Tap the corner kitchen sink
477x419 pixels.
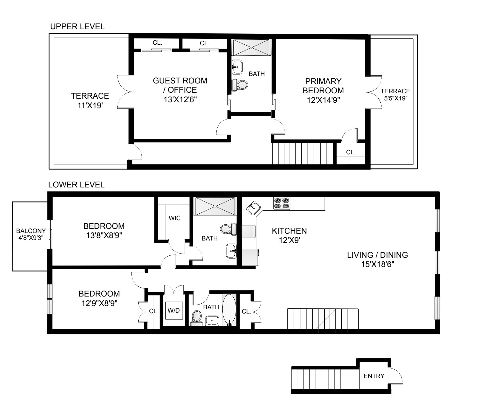click(253, 207)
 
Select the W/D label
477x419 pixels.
click(174, 311)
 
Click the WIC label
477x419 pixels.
click(174, 218)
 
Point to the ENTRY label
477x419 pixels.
click(374, 376)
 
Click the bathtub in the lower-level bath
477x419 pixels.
click(229, 310)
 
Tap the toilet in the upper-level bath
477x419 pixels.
click(240, 85)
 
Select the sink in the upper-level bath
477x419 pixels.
click(237, 67)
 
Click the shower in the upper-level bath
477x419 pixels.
click(252, 47)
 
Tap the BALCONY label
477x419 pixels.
click(31, 231)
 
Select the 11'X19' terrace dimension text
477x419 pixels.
click(90, 105)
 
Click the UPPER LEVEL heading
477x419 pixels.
click(77, 27)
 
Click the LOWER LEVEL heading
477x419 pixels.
click(76, 185)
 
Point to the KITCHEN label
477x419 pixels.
click(289, 231)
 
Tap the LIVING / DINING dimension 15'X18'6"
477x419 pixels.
click(377, 265)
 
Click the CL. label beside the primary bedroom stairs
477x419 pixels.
click(351, 152)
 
